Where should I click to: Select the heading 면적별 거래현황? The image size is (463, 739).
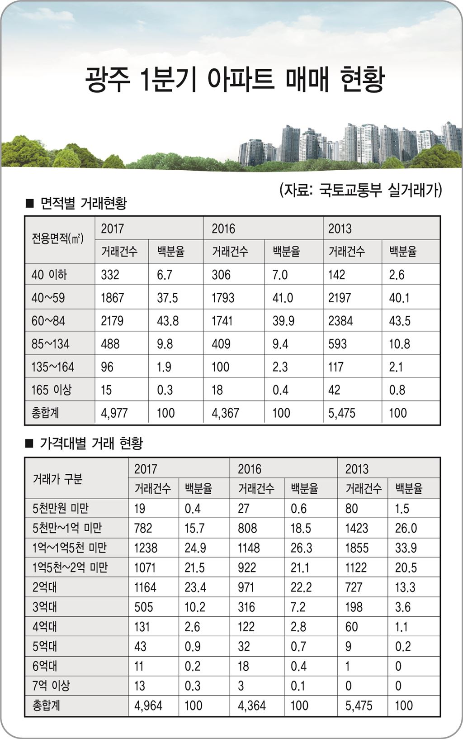[x=83, y=203]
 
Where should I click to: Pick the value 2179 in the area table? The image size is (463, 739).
[x=112, y=321]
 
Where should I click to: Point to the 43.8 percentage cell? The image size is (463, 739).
[x=168, y=321]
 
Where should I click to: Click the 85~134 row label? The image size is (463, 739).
[x=50, y=344]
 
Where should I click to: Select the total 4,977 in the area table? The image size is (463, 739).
[x=114, y=413]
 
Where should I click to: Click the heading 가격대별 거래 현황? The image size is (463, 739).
[x=91, y=443]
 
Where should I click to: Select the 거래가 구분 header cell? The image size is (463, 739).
[x=57, y=479]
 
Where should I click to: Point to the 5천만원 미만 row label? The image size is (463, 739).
[x=60, y=509]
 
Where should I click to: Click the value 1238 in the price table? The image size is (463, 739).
[x=146, y=548]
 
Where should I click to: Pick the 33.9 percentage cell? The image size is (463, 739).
[x=406, y=548]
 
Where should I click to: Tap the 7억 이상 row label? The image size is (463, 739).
[x=51, y=686]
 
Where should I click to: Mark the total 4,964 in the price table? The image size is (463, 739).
[x=148, y=706]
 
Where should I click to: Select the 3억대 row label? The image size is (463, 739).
[x=44, y=607]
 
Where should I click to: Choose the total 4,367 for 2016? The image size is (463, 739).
[x=225, y=413]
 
